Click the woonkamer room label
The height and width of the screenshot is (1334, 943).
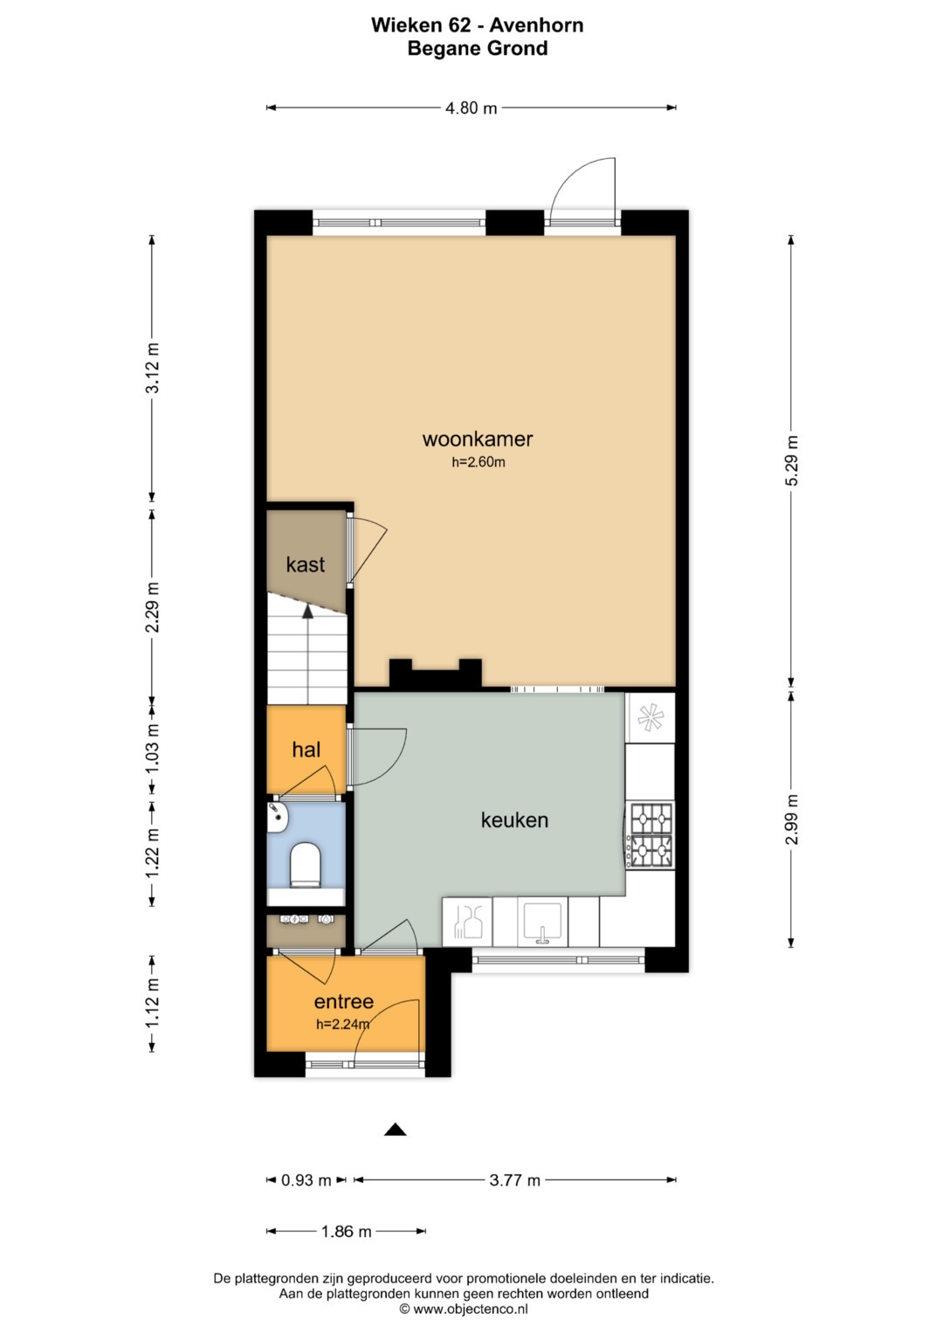click(477, 439)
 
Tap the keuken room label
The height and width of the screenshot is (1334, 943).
click(514, 820)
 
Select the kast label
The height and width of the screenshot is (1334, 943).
click(305, 564)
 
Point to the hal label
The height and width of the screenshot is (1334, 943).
click(306, 750)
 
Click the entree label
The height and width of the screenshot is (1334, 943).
click(343, 1002)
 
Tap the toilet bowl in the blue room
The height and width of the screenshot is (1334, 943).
click(305, 864)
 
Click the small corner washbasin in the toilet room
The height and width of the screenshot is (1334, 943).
click(278, 816)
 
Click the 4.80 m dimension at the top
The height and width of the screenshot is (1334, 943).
click(471, 108)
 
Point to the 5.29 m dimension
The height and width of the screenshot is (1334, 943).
click(792, 460)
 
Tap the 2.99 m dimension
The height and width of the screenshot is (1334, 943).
click(792, 819)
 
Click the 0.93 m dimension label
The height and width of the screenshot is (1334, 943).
click(306, 1180)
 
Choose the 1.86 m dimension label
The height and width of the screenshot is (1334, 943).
click(346, 1232)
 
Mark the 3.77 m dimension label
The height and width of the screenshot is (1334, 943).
click(514, 1180)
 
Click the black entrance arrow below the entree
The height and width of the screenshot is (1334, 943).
click(396, 1130)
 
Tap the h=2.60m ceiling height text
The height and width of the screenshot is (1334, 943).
click(478, 462)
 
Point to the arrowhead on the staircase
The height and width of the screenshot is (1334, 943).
click(307, 611)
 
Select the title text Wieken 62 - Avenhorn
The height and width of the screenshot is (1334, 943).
click(477, 25)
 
